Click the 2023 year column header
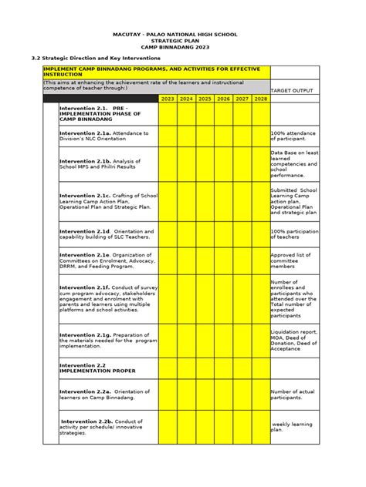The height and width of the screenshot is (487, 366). [168, 99]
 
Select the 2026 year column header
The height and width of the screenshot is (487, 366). [224, 99]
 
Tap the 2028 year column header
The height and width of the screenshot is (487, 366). [260, 99]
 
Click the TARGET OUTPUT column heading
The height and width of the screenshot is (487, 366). [292, 90]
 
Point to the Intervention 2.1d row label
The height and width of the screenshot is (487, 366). [87, 231]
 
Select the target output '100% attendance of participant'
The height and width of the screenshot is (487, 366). [293, 136]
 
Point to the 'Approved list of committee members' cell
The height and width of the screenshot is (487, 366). [293, 260]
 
